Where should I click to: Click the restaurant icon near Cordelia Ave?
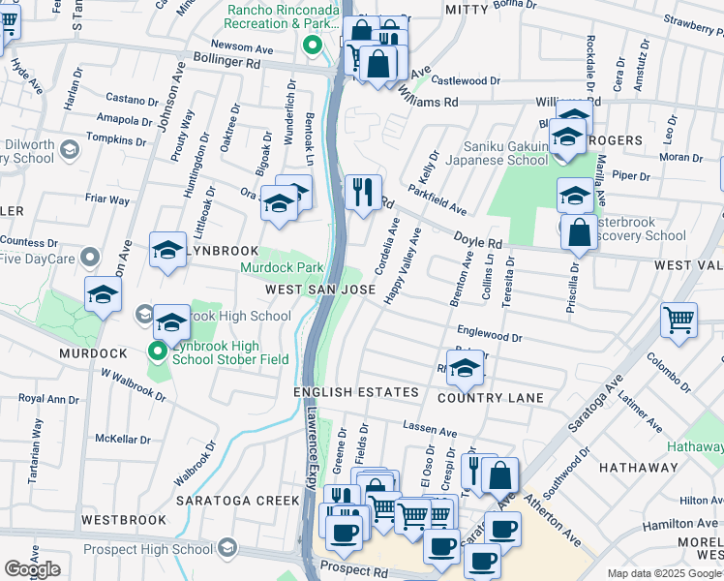[364, 192]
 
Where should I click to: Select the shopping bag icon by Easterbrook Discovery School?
[579, 233]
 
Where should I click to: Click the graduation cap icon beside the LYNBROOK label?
[167, 250]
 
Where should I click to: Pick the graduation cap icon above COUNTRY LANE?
[466, 367]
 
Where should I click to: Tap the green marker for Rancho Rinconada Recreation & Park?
[313, 45]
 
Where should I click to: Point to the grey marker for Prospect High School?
[227, 548]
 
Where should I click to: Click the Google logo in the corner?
[32, 569]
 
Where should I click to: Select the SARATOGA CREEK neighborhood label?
[238, 501]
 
